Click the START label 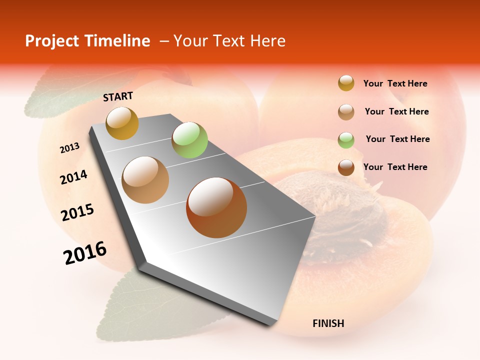118,96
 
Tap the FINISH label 328,323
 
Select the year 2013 69,148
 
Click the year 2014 73,177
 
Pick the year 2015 77,212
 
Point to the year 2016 85,253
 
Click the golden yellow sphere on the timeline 122,123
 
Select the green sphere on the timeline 189,140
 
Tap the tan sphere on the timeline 145,180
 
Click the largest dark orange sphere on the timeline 216,207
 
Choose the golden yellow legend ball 346,83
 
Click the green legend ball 346,140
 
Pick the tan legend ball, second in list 346,112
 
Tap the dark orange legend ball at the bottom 346,167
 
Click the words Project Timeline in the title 87,41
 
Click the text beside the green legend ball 397,139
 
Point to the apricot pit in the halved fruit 345,220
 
